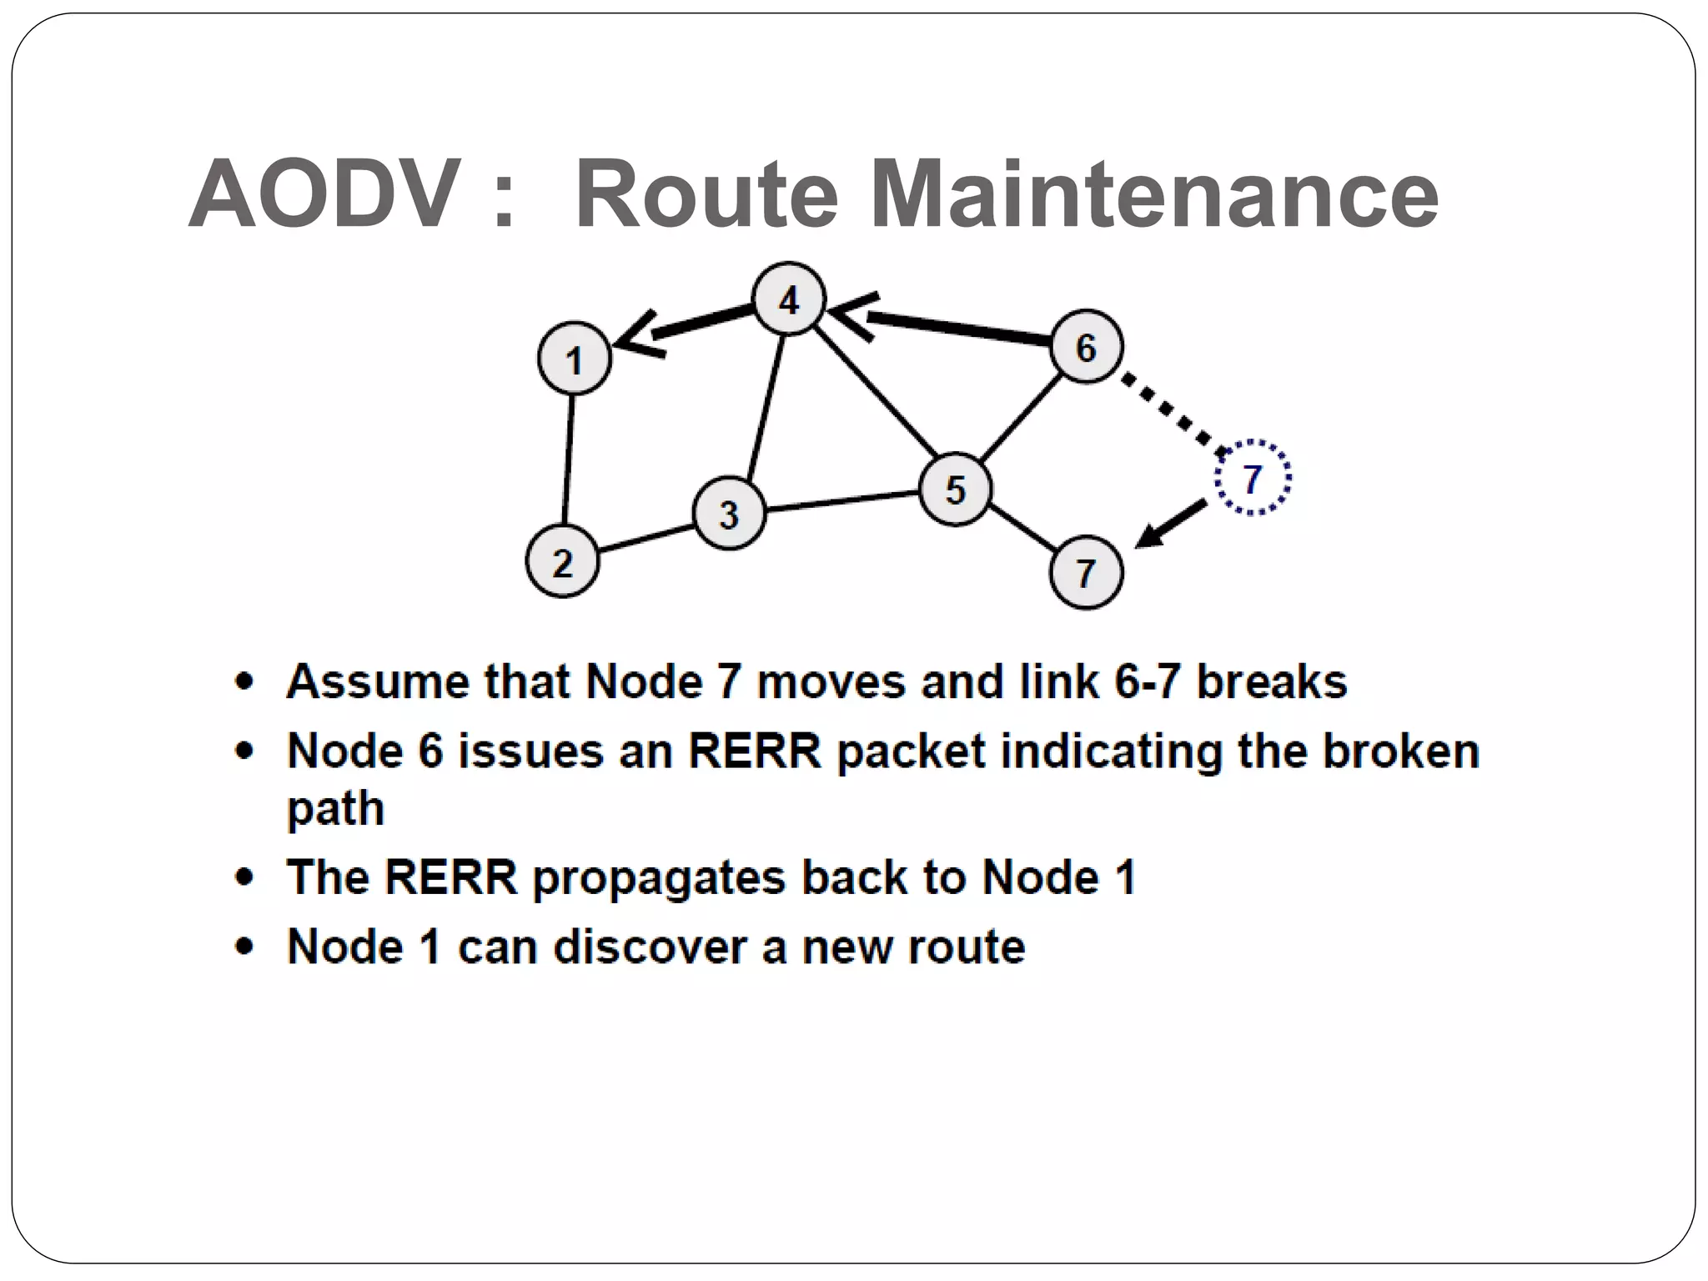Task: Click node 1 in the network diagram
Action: point(574,359)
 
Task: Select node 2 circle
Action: point(562,561)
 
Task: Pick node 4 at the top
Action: point(788,299)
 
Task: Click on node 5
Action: point(955,490)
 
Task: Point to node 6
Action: point(1085,347)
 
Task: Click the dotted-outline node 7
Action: point(1252,478)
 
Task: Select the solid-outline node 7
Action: point(1085,573)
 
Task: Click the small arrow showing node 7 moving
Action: point(1171,525)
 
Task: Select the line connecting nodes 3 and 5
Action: point(842,501)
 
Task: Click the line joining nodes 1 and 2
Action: point(568,460)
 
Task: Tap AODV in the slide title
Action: point(325,195)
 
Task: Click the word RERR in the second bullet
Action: point(754,751)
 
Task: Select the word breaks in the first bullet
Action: point(1271,681)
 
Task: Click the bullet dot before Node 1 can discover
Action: point(244,947)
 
